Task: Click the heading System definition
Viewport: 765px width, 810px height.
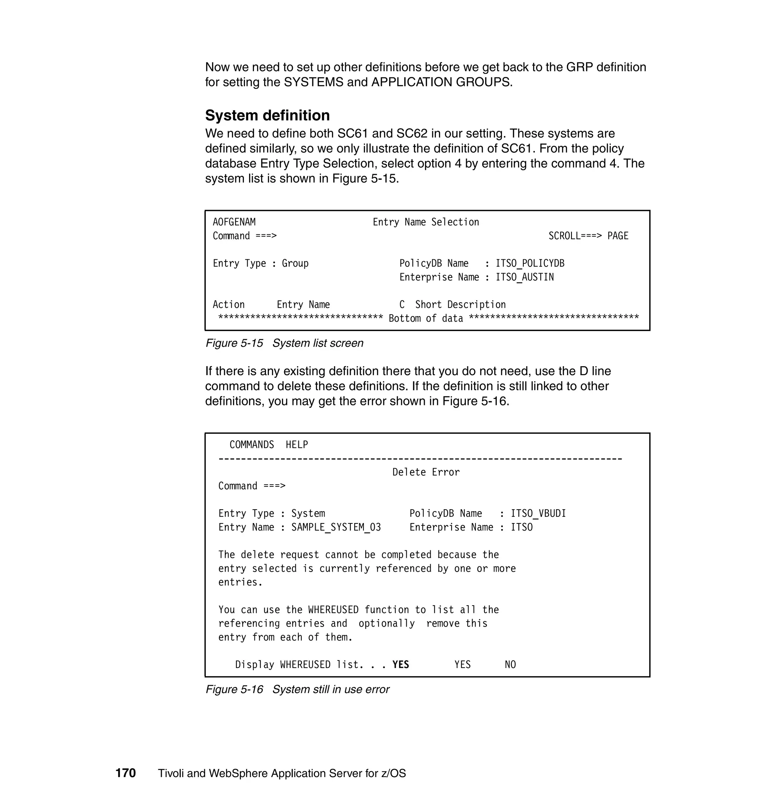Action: [267, 115]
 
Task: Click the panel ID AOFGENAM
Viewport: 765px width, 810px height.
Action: [234, 222]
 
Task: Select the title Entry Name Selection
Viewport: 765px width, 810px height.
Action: [426, 222]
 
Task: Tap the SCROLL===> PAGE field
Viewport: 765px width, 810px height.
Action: [588, 236]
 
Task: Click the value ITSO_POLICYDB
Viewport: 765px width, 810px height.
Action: [530, 263]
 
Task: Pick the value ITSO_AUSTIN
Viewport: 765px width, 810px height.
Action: [524, 277]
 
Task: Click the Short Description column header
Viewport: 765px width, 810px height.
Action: [460, 304]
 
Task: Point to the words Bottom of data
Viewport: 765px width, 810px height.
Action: [426, 319]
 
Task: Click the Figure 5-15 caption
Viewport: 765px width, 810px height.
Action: [284, 343]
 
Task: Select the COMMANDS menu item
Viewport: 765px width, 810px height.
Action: [252, 445]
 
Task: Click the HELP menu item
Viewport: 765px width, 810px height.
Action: [297, 445]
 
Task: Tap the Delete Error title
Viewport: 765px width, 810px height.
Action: [426, 472]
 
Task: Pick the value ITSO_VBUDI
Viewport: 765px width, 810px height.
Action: [538, 513]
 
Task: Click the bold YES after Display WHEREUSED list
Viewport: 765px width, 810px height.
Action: [400, 665]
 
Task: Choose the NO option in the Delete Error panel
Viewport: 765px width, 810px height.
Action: [510, 665]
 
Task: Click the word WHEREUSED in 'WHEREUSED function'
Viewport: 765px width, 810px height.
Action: [333, 610]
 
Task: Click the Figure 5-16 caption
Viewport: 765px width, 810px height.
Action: [297, 689]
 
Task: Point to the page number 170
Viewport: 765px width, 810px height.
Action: [126, 773]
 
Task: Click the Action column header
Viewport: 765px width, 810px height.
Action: [228, 304]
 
